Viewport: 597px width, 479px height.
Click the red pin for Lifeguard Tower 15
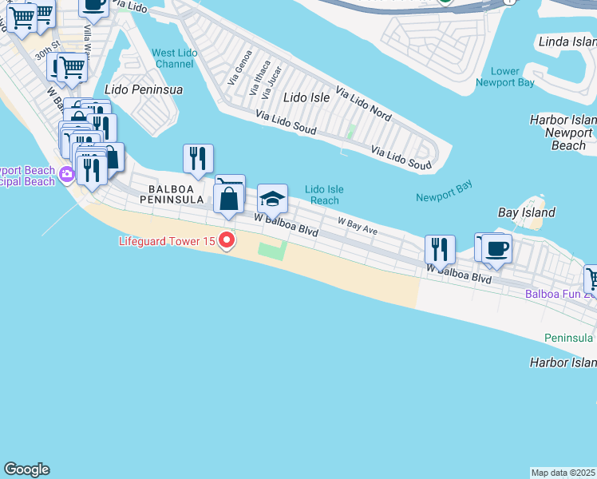click(227, 240)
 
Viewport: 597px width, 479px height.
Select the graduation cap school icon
click(272, 200)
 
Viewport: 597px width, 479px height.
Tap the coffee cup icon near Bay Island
click(496, 248)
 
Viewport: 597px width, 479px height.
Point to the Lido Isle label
click(306, 97)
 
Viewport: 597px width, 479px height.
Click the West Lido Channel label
click(174, 58)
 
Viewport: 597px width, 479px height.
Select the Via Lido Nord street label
click(363, 104)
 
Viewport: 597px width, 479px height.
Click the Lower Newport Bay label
click(504, 77)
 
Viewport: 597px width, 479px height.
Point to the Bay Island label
click(527, 213)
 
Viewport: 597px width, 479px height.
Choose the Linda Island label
click(567, 42)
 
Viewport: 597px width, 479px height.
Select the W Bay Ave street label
click(357, 226)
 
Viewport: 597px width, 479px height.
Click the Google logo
click(26, 469)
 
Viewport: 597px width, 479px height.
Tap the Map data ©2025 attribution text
click(563, 473)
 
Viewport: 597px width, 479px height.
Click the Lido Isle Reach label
click(324, 195)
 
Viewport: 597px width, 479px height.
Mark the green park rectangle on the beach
click(272, 251)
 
